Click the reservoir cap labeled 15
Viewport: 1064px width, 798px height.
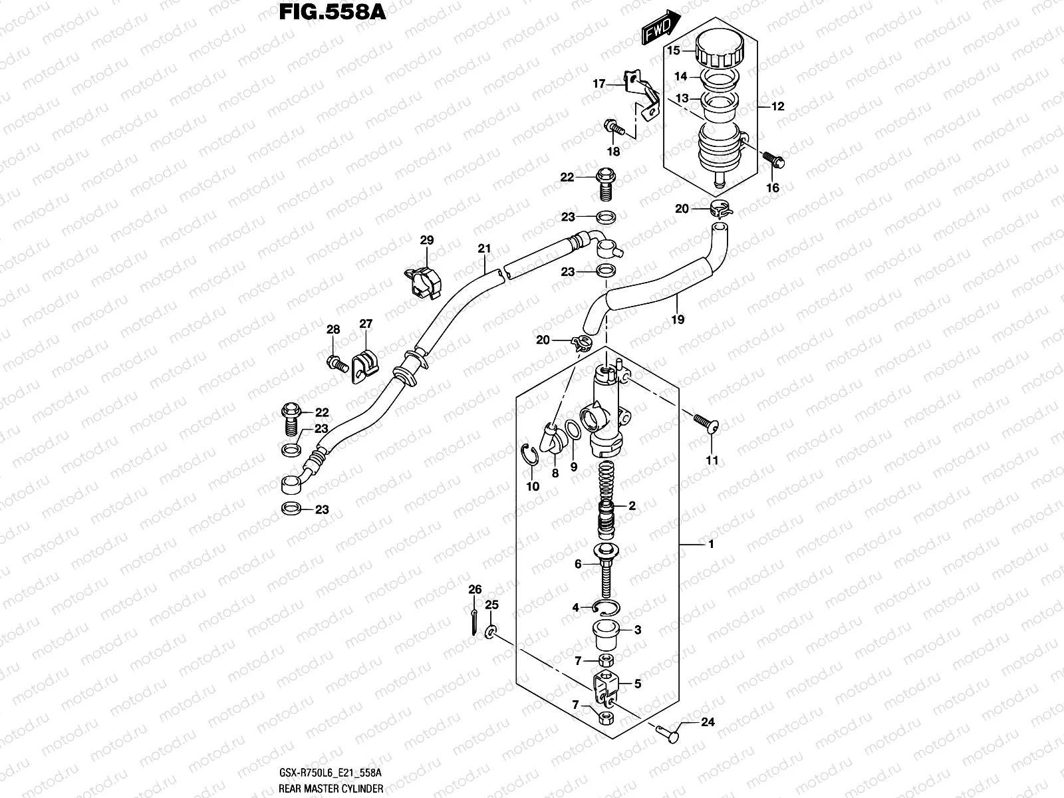[x=721, y=51]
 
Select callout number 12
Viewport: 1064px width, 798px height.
[x=777, y=106]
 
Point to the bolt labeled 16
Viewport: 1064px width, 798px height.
[x=773, y=160]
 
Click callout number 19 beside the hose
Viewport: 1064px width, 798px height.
[x=678, y=319]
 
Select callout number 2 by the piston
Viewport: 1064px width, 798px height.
[x=632, y=506]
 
